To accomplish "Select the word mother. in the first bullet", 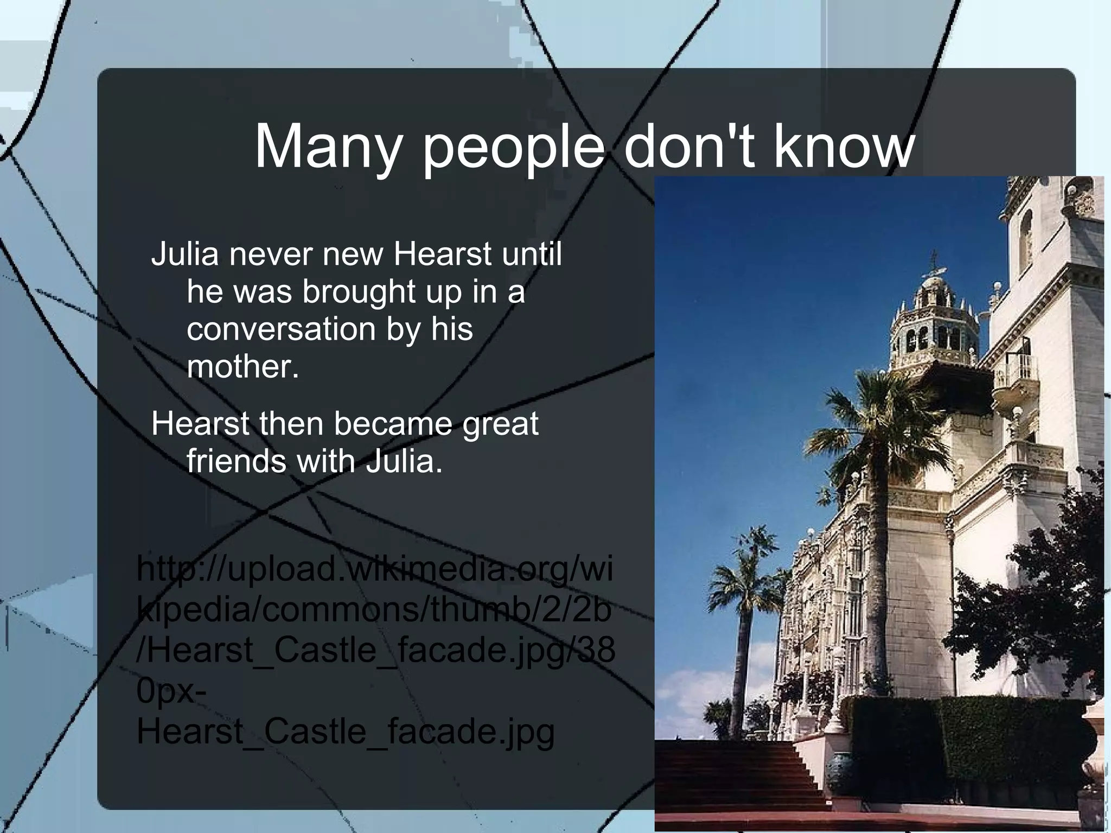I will coord(242,366).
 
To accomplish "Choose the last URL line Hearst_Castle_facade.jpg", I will coord(346,732).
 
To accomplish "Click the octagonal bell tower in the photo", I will coord(934,326).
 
